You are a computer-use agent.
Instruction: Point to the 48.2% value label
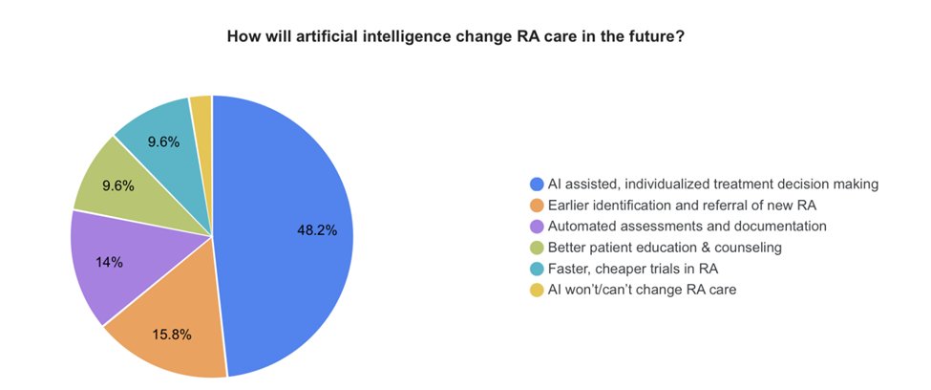click(x=316, y=230)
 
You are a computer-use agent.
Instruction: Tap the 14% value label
click(x=108, y=262)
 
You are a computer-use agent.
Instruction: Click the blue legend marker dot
click(x=537, y=184)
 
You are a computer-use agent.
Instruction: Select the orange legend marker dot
click(x=537, y=205)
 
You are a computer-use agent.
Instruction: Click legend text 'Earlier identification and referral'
click(x=677, y=205)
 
